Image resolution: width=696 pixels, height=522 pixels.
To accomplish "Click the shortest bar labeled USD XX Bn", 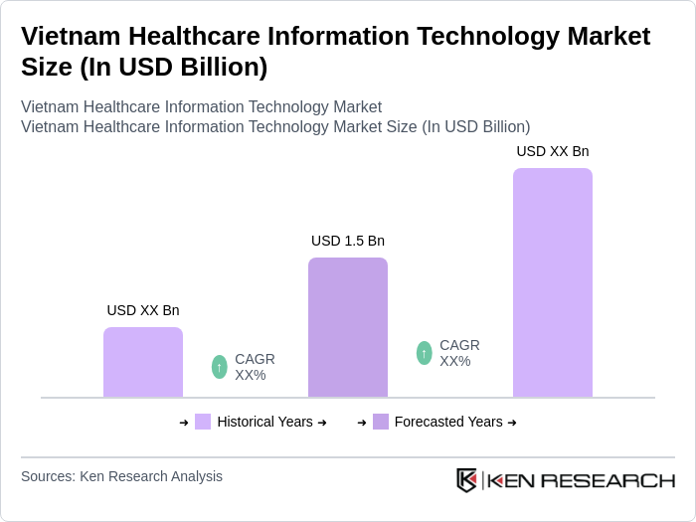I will coord(143,362).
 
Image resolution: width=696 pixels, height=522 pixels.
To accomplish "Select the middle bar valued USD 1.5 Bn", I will coord(348,327).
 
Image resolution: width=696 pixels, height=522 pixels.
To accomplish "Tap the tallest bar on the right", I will coord(553,282).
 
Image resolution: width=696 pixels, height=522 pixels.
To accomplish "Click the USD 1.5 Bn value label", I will coord(348,241).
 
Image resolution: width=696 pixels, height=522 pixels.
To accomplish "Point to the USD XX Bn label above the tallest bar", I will coord(553,151).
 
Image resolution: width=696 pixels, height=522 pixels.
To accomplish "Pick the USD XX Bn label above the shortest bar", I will coord(143,310).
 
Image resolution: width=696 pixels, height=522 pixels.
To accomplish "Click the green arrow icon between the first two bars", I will coord(220,367).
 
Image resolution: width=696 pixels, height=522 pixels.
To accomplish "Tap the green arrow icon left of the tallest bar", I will coord(425,353).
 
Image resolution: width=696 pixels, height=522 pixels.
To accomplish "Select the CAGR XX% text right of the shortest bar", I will coord(255,367).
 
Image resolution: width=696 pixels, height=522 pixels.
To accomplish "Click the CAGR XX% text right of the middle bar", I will coord(459,353).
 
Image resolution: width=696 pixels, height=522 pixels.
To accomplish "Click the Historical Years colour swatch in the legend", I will coord(203,422).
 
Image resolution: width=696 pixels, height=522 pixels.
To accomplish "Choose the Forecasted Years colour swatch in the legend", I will coord(381,422).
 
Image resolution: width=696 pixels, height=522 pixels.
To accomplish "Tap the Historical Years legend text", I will coord(264,422).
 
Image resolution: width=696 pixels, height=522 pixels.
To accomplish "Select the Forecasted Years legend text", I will coord(448,422).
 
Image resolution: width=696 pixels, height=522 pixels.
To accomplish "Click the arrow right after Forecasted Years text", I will coord(512,423).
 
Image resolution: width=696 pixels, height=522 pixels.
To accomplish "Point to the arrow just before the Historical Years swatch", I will coord(184,423).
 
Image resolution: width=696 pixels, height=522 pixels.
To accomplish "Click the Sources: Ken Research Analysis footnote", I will coord(121,476).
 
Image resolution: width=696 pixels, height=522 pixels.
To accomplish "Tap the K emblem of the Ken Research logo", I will coord(466,480).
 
